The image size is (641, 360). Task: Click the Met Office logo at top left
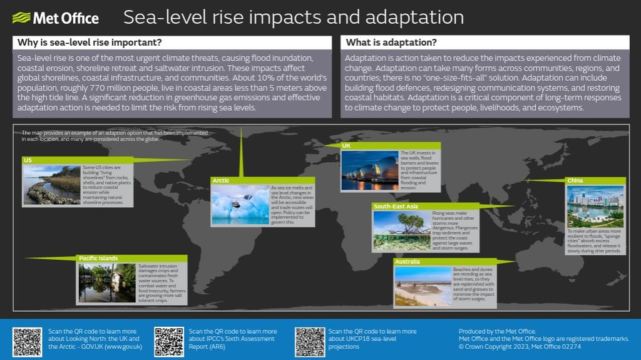click(56, 18)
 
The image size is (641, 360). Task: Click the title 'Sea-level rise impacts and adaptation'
click(293, 17)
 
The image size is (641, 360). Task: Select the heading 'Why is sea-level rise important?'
click(88, 43)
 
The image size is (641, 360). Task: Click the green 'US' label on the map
click(29, 160)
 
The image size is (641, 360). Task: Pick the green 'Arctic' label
click(221, 180)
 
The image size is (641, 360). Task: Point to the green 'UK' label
click(347, 146)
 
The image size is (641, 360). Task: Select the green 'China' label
click(575, 180)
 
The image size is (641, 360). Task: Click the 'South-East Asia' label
click(396, 206)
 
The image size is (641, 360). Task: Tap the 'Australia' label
click(408, 261)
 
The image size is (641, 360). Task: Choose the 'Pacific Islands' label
click(98, 258)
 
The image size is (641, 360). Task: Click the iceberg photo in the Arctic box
click(240, 205)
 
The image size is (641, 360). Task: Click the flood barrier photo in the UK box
click(370, 170)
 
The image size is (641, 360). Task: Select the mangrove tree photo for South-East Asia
click(401, 230)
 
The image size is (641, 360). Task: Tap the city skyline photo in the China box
click(595, 207)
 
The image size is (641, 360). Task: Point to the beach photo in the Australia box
click(423, 286)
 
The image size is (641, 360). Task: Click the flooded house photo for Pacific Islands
click(107, 283)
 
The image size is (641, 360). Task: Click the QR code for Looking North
click(28, 342)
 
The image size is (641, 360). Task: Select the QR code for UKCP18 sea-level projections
click(310, 342)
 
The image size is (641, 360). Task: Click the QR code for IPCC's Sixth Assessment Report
click(169, 342)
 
